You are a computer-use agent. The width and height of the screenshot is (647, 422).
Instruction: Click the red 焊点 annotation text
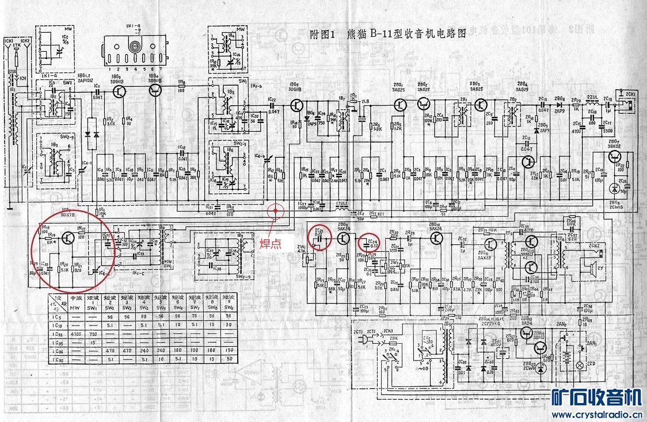point(273,244)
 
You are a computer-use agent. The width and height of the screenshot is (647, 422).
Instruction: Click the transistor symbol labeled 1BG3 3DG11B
point(120,91)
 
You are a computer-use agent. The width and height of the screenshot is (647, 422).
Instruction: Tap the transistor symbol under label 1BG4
point(154,93)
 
